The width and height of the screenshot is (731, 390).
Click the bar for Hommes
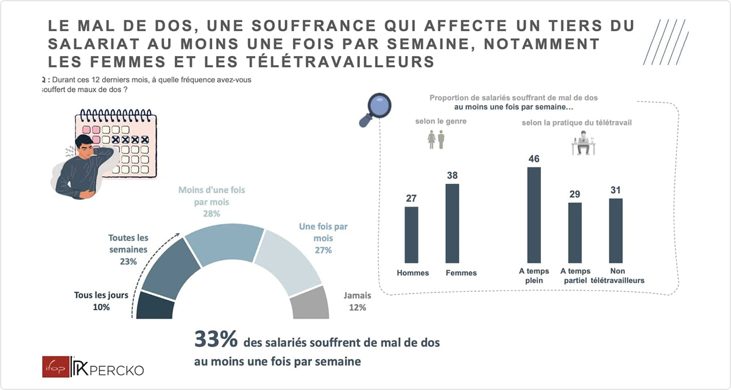(x=411, y=235)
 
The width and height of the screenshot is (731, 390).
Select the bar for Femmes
(x=452, y=223)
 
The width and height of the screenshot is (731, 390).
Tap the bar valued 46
(x=534, y=215)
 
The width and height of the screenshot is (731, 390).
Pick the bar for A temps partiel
(x=574, y=233)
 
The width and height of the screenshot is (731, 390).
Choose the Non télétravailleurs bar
(x=616, y=231)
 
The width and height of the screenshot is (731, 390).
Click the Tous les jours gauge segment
(x=155, y=306)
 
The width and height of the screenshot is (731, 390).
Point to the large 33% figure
(x=216, y=339)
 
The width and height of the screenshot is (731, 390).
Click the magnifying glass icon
(x=375, y=110)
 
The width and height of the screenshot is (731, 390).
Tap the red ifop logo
(x=56, y=367)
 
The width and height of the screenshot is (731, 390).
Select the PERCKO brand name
(x=116, y=370)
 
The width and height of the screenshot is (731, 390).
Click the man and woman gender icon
(x=436, y=140)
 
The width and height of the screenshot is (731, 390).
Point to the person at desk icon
(x=584, y=143)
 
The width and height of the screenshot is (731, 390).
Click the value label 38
(x=452, y=175)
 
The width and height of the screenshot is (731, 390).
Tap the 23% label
(x=129, y=262)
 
